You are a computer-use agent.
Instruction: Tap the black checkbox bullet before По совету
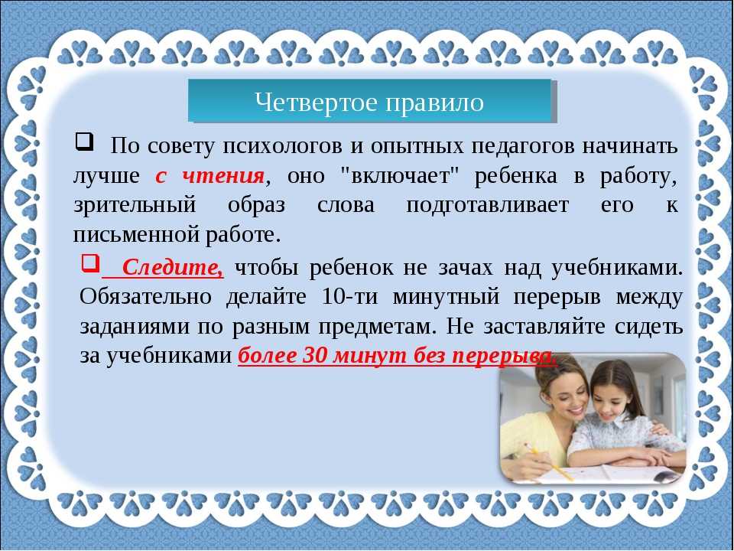[84, 142]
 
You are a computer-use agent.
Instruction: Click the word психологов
[283, 147]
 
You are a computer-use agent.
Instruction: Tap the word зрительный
[135, 206]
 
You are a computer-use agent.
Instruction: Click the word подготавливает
[488, 206]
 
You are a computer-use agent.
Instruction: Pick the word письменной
[137, 235]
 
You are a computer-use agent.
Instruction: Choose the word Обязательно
[145, 297]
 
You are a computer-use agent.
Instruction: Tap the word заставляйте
[544, 326]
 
